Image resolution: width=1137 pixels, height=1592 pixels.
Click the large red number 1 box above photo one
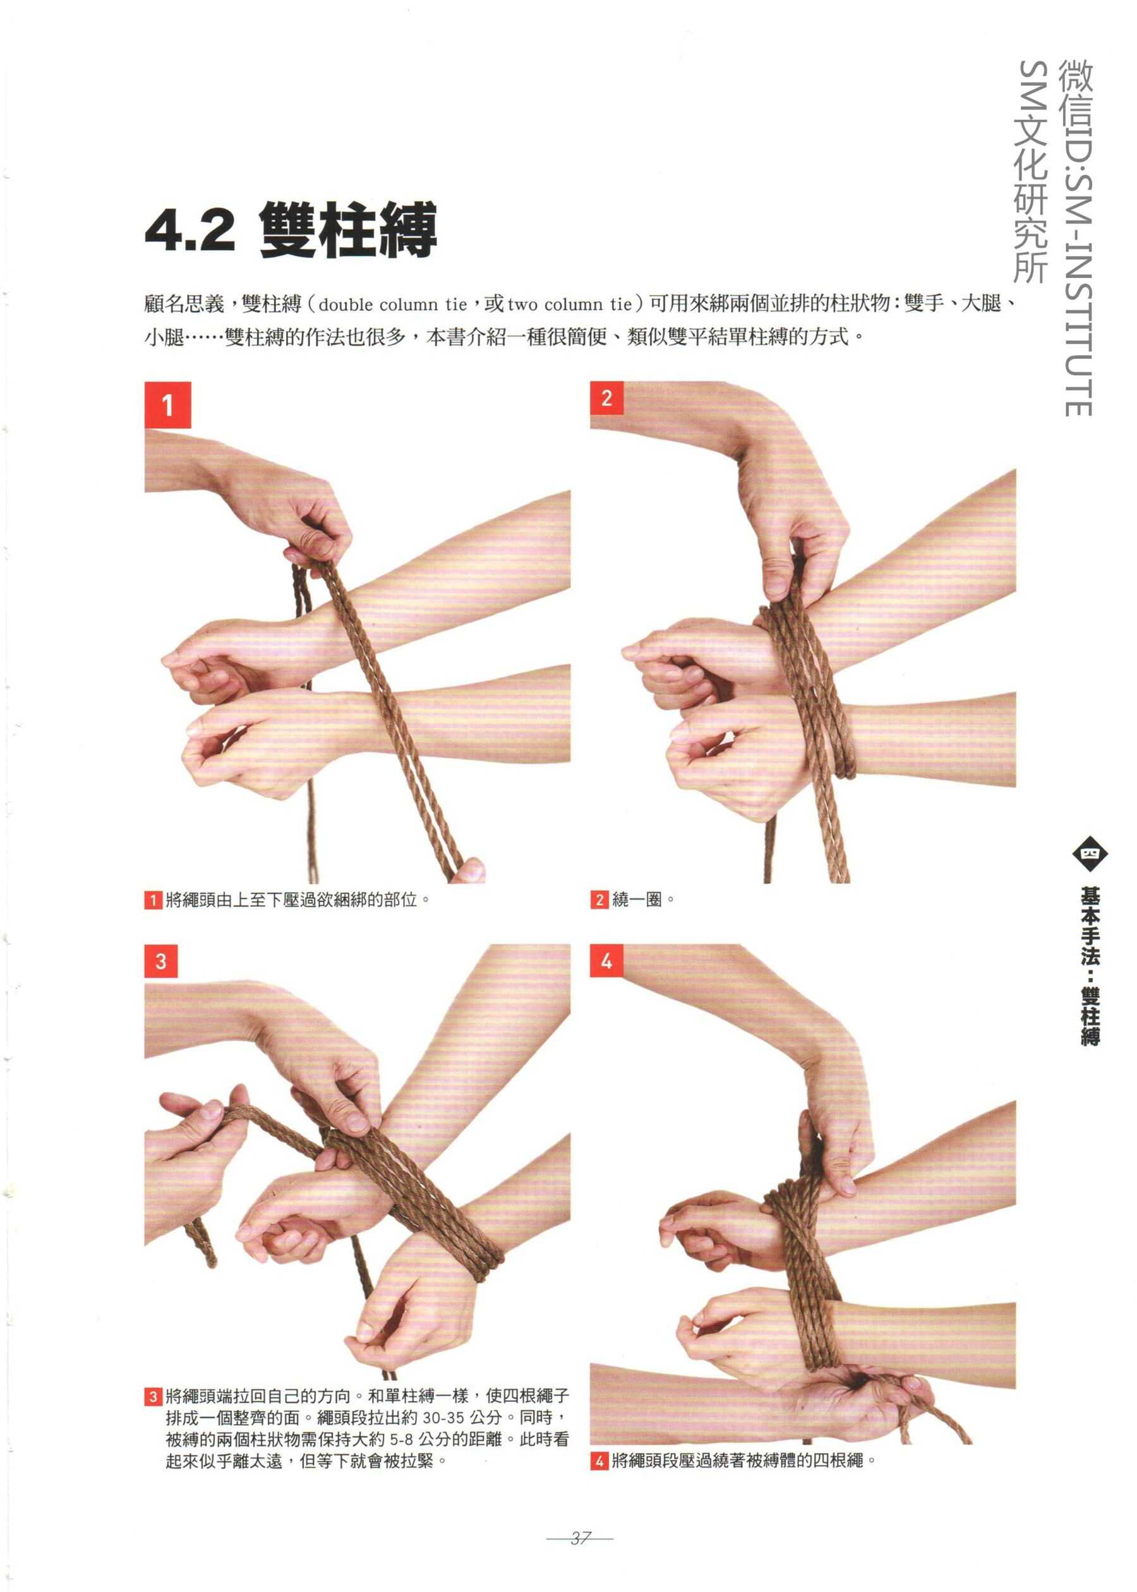[x=167, y=405]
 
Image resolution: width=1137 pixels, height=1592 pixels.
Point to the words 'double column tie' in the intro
[x=392, y=305]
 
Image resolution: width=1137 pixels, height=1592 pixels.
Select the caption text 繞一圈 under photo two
[x=637, y=900]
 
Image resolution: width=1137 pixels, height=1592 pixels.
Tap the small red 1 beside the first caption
[x=153, y=900]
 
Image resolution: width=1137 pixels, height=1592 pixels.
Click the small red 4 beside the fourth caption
[x=599, y=1461]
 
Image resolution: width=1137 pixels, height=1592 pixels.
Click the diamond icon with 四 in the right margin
[x=1090, y=853]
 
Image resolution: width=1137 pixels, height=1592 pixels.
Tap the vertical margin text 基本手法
[x=1090, y=926]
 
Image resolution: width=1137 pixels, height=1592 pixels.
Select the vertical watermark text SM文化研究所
[x=1033, y=172]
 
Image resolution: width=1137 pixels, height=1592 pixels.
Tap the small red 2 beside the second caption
[x=599, y=900]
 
